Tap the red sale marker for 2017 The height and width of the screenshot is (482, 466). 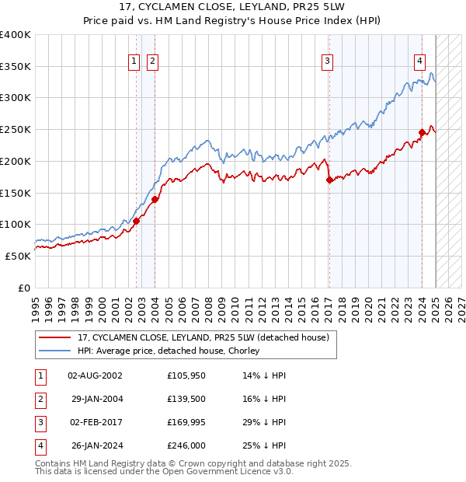point(329,180)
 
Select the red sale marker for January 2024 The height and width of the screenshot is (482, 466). point(423,132)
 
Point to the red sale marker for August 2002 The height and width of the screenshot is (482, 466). point(136,221)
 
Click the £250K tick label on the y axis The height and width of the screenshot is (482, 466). point(16,129)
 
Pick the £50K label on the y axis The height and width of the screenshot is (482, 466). point(18,256)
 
